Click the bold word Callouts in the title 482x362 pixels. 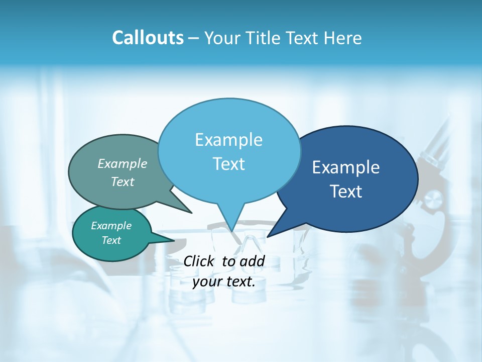point(148,38)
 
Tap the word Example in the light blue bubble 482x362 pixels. point(228,140)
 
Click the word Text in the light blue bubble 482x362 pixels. point(228,164)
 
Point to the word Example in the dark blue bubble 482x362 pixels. point(346,167)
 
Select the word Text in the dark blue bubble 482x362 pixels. point(346,192)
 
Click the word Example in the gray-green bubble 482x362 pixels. point(123,164)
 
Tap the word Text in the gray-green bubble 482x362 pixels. point(123,182)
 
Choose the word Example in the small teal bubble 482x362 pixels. point(111,226)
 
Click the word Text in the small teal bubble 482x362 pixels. point(111,240)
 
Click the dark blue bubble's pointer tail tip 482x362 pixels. point(268,236)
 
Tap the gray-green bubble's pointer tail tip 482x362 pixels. point(191,213)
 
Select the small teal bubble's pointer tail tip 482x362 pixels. point(174,240)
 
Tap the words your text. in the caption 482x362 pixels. point(224,282)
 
